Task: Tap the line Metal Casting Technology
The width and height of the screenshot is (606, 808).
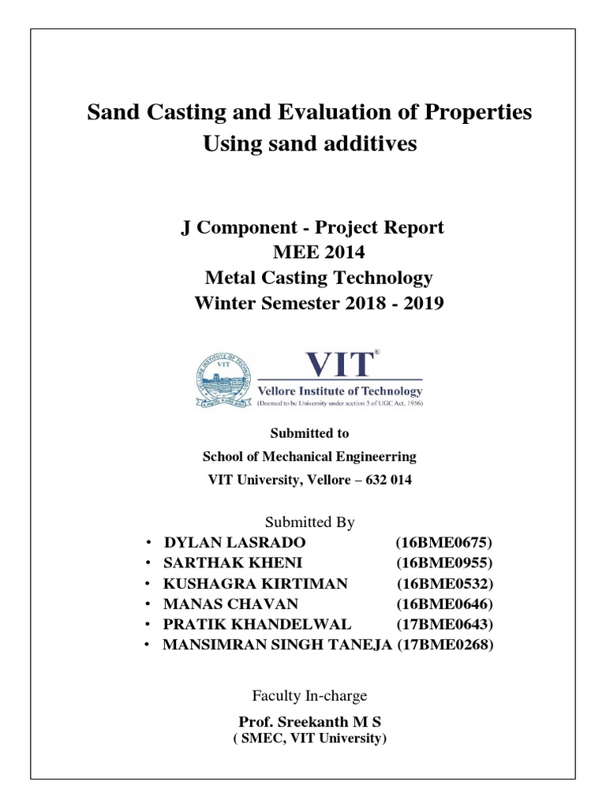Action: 318,278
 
